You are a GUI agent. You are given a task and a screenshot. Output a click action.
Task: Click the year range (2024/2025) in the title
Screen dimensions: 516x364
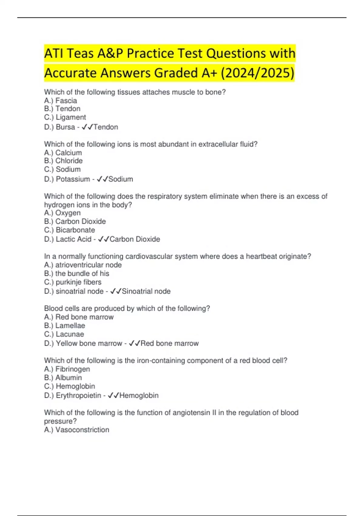point(257,73)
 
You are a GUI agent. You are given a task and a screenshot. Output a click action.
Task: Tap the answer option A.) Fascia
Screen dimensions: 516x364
point(60,100)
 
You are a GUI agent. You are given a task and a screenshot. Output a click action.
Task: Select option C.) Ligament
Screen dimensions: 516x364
point(65,117)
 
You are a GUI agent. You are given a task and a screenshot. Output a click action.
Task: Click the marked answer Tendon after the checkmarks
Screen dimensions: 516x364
point(106,127)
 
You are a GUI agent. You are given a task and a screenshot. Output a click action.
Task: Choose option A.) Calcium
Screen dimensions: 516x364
point(63,153)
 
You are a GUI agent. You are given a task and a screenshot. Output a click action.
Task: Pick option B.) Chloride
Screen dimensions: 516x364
point(63,161)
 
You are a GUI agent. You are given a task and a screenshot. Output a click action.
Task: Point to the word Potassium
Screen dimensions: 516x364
point(73,179)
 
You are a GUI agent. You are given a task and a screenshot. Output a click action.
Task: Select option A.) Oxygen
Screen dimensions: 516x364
point(62,213)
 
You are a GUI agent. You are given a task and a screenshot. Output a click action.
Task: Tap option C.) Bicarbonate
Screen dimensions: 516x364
point(69,230)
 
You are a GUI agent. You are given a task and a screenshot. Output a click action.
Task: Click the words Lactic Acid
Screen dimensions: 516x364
point(73,239)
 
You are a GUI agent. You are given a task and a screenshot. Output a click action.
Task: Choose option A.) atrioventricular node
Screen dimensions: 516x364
point(83,265)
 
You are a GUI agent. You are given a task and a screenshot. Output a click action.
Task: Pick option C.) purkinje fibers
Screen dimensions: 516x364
point(73,282)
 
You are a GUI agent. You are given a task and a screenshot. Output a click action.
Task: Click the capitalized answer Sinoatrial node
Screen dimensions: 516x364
point(146,291)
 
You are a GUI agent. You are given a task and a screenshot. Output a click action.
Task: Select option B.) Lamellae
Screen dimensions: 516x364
point(65,325)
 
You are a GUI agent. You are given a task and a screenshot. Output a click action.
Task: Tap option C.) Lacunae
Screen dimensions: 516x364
point(64,334)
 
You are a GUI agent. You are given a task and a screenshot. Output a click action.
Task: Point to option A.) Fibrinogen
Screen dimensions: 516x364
point(67,369)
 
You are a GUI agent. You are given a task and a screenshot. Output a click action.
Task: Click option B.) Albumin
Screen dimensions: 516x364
point(63,378)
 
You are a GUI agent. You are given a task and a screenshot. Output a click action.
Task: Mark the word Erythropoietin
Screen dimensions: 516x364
point(78,395)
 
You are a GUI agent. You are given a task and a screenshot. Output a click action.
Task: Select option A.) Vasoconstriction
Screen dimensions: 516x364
point(76,430)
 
